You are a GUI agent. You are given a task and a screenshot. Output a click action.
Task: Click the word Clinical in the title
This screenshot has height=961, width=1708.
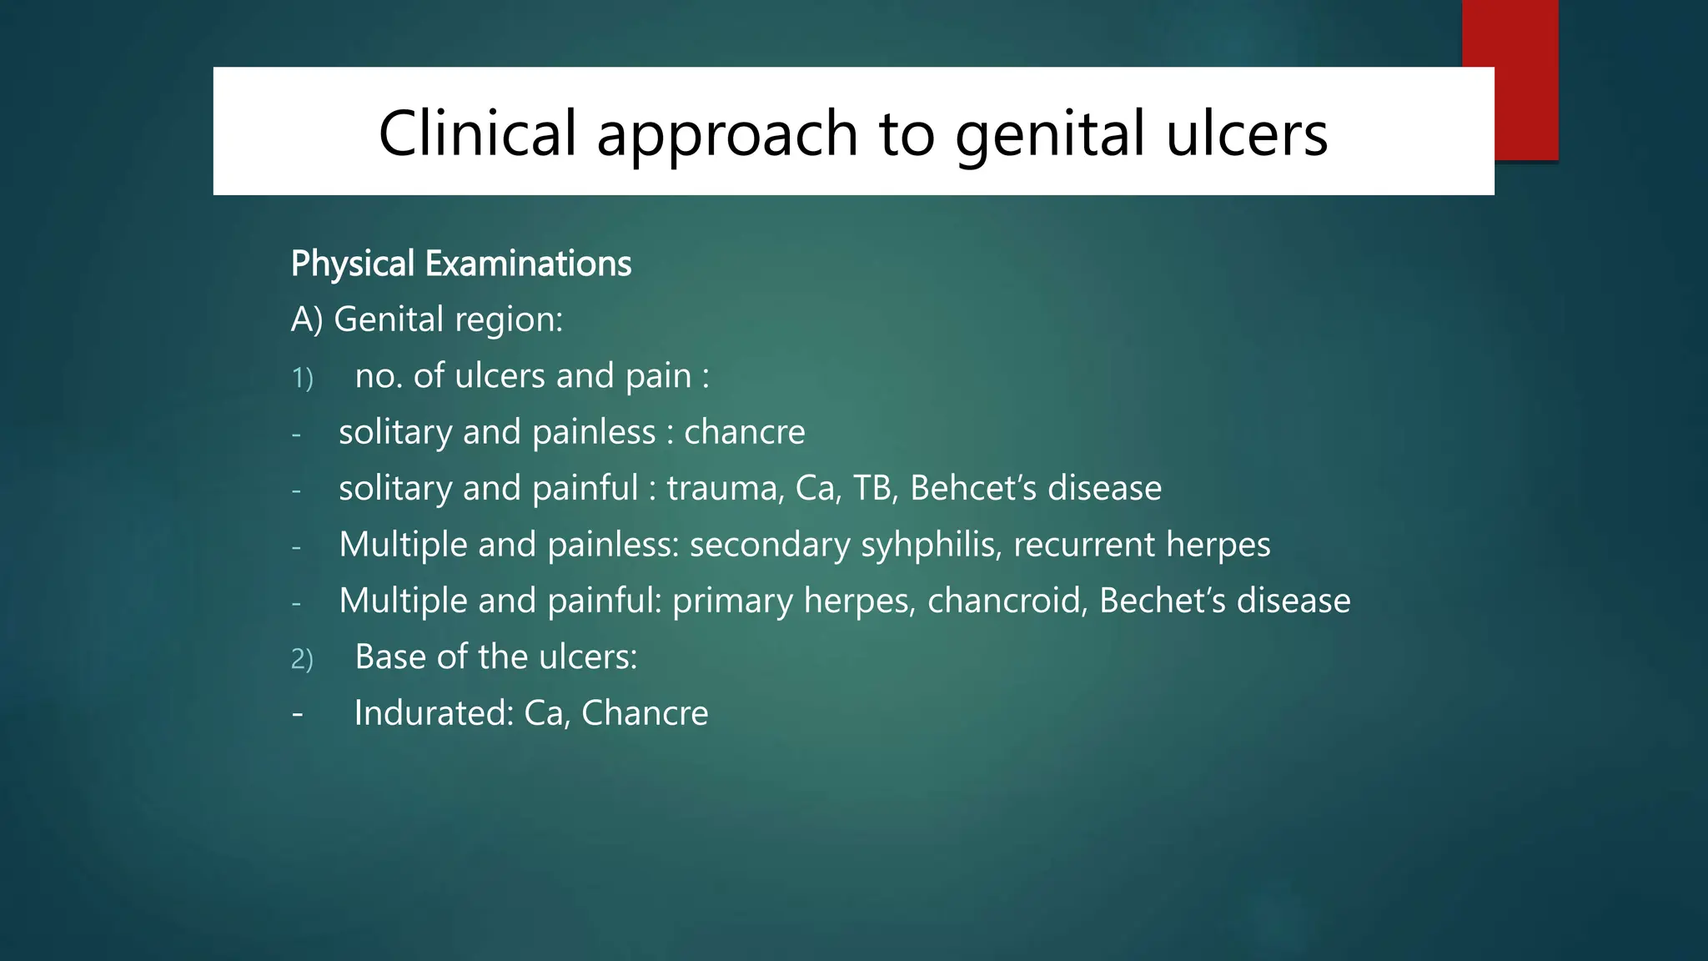pyautogui.click(x=477, y=133)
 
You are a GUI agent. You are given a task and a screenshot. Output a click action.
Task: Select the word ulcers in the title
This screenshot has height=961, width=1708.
pyautogui.click(x=1246, y=133)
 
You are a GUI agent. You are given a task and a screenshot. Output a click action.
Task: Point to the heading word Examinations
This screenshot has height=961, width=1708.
pyautogui.click(x=528, y=264)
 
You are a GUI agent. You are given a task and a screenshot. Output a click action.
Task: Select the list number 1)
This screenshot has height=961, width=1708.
pyautogui.click(x=302, y=378)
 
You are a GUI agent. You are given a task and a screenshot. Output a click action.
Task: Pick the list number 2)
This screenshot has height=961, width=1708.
pyautogui.click(x=302, y=659)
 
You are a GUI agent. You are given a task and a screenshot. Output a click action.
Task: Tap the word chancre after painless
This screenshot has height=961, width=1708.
pyautogui.click(x=744, y=432)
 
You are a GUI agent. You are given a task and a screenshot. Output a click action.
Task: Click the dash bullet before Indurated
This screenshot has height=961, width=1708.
pyautogui.click(x=297, y=714)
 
